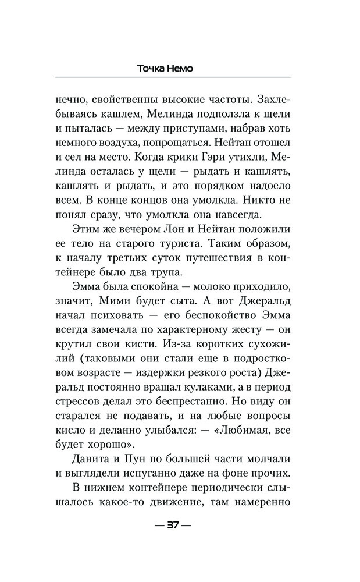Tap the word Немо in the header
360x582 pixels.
click(x=193, y=68)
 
